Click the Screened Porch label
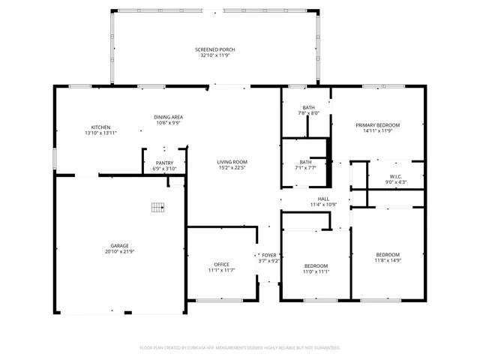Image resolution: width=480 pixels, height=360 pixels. pyautogui.click(x=215, y=49)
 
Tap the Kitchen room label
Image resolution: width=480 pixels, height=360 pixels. pyautogui.click(x=101, y=127)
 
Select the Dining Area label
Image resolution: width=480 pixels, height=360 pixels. pyautogui.click(x=168, y=117)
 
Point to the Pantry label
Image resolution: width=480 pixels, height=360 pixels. pyautogui.click(x=164, y=163)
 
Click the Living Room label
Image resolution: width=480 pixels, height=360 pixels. pyautogui.click(x=232, y=162)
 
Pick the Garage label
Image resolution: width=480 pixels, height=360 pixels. pyautogui.click(x=120, y=245)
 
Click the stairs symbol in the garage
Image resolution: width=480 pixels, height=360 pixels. pyautogui.click(x=157, y=207)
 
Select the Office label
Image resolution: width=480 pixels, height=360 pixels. pyautogui.click(x=222, y=264)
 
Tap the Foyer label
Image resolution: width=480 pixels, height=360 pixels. pyautogui.click(x=268, y=255)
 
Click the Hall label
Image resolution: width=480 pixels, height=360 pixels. pyautogui.click(x=323, y=199)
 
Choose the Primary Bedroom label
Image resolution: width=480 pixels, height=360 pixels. pyautogui.click(x=377, y=125)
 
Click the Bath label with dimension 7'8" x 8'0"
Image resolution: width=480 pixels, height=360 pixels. pyautogui.click(x=308, y=107)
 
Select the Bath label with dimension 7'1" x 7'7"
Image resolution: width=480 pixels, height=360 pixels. pyautogui.click(x=306, y=162)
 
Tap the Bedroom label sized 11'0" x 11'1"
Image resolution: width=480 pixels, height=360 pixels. pyautogui.click(x=316, y=266)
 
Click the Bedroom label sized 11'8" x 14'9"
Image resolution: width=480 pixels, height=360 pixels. pyautogui.click(x=388, y=254)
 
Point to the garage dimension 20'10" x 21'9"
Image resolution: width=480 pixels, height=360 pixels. pyautogui.click(x=120, y=251)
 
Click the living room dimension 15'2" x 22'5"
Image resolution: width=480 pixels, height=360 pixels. pyautogui.click(x=232, y=168)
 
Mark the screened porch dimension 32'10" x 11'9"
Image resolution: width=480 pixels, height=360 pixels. pyautogui.click(x=215, y=55)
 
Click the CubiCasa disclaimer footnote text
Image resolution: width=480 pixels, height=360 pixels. pyautogui.click(x=240, y=347)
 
